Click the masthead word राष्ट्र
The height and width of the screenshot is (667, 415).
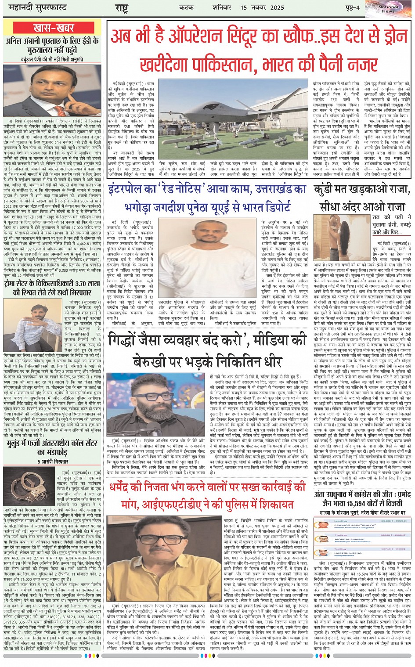pyautogui.click(x=122, y=8)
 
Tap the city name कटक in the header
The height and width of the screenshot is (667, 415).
pyautogui.click(x=187, y=7)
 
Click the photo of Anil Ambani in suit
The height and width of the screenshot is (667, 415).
pyautogui.click(x=52, y=90)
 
